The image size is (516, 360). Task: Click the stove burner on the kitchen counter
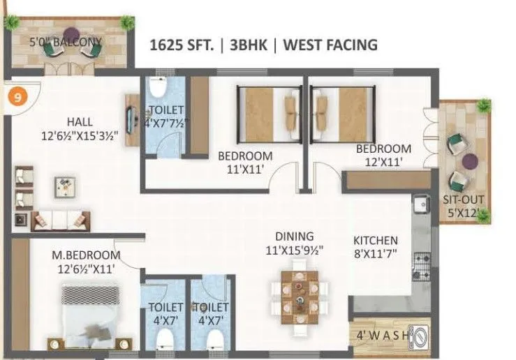(422, 266)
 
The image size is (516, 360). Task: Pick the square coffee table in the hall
(64, 185)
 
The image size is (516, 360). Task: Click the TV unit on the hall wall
(130, 119)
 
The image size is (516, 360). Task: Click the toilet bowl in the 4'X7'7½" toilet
(157, 89)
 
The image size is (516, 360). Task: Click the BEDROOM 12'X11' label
(383, 155)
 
